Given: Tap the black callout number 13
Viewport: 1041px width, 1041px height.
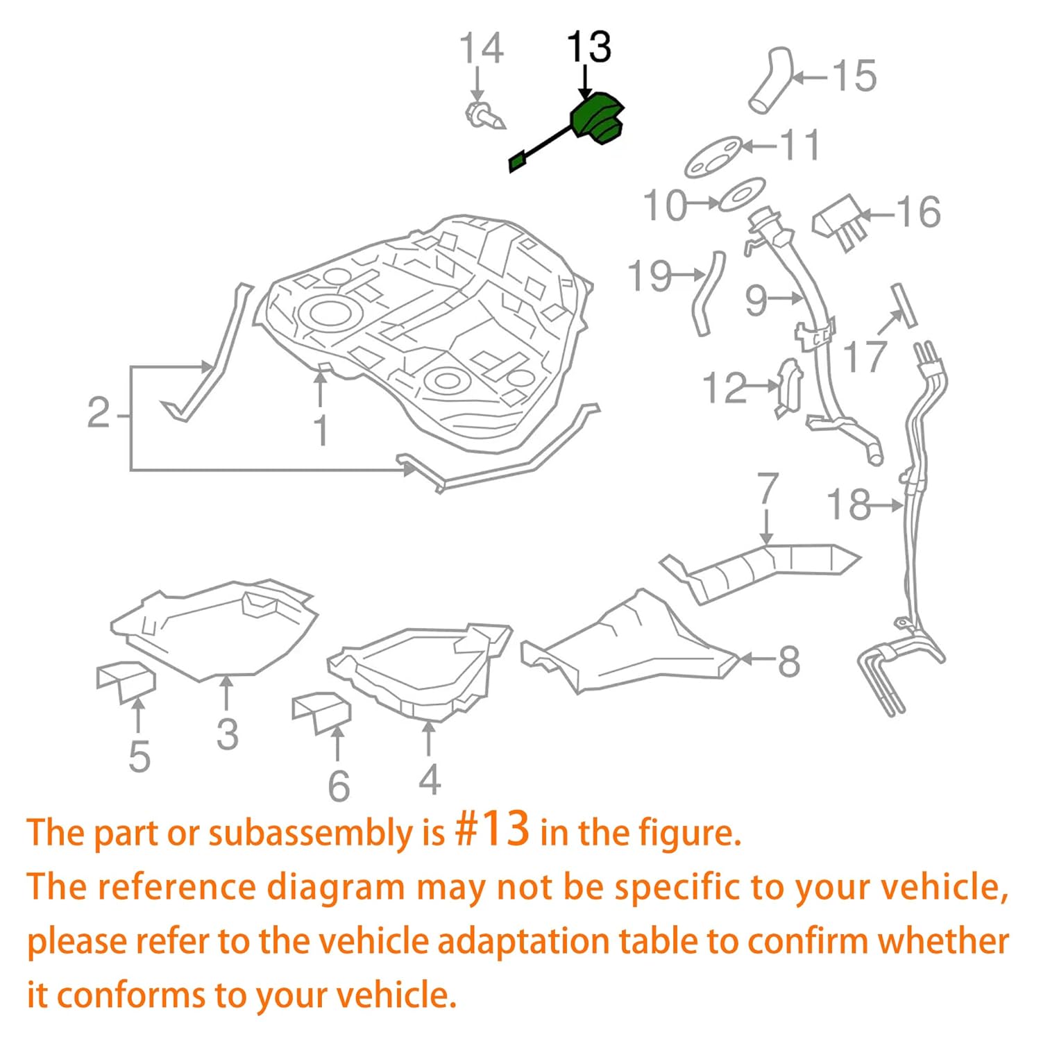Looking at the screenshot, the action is [589, 48].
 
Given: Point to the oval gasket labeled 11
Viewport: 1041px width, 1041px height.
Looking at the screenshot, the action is [713, 158].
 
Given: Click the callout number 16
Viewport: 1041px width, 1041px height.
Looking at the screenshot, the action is [918, 212].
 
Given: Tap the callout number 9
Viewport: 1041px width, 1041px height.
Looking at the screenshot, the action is [756, 300].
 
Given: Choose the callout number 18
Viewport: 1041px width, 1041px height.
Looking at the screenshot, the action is [848, 505].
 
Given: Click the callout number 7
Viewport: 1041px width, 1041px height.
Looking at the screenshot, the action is [767, 489].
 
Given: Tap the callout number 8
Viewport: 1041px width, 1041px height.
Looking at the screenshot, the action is [788, 661].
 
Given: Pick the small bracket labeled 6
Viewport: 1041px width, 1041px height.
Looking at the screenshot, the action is [322, 712].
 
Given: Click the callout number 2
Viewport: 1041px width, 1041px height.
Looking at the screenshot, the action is [99, 413].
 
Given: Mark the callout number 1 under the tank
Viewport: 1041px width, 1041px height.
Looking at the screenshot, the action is [320, 430].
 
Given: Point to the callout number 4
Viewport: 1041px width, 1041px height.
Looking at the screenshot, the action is [430, 779].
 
